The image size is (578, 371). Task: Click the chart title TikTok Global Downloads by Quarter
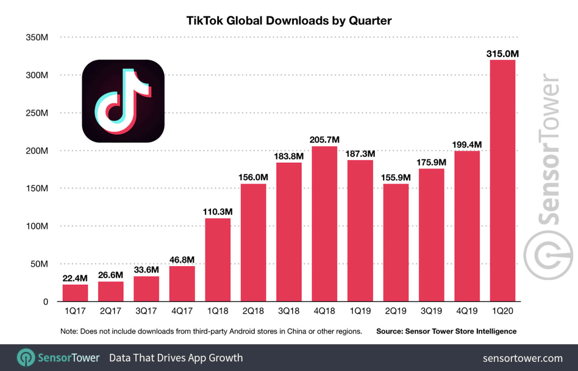[x=289, y=21]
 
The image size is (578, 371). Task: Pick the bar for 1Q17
[x=75, y=293]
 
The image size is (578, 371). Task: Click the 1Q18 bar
[x=217, y=260]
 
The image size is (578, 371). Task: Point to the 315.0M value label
[x=503, y=54]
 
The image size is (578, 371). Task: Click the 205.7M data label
[x=324, y=140]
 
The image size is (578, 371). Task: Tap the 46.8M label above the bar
[x=182, y=260]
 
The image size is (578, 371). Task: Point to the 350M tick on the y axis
[x=36, y=37]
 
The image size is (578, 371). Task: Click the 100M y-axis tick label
[x=36, y=226]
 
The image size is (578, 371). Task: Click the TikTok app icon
[x=123, y=101]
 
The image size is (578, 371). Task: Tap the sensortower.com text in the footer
[x=522, y=358]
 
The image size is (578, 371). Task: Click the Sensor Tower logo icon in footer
[x=26, y=358]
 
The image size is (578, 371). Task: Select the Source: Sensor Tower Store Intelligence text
[x=446, y=331]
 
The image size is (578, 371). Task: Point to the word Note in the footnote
[x=70, y=331]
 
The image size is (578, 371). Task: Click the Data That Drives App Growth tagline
[x=176, y=358]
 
